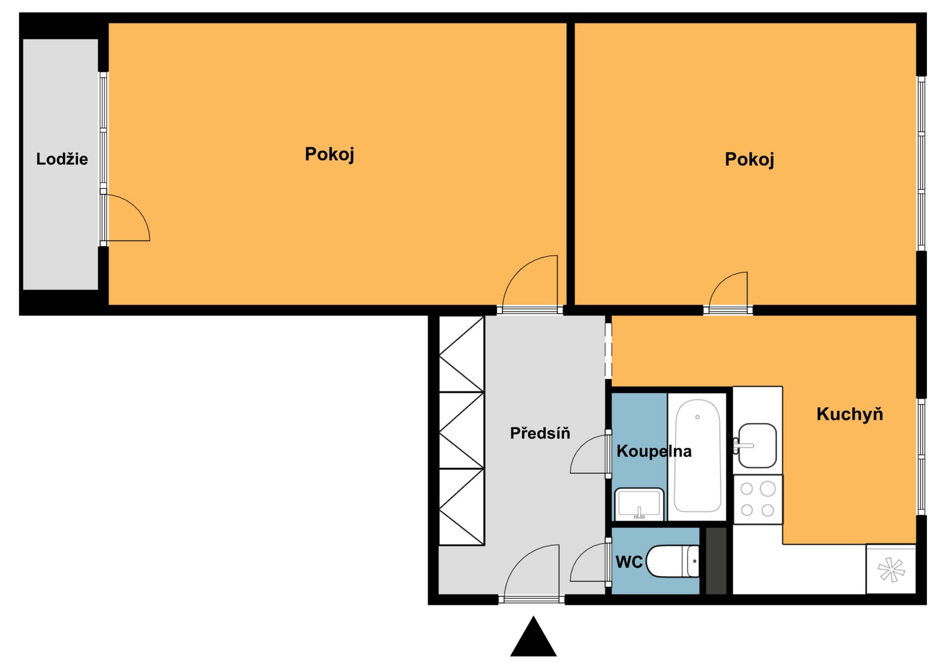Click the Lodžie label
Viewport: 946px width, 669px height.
click(x=62, y=159)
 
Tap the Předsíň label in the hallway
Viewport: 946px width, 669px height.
click(x=540, y=433)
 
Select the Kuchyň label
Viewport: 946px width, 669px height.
click(x=849, y=414)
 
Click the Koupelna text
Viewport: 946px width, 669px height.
click(x=654, y=451)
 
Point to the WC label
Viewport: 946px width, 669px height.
click(x=629, y=562)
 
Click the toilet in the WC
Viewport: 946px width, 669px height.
click(x=672, y=561)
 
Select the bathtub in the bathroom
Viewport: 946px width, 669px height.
click(x=697, y=456)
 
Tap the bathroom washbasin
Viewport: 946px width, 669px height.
click(x=639, y=503)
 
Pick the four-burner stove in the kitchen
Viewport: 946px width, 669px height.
click(x=758, y=500)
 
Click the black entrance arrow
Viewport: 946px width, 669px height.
click(x=533, y=636)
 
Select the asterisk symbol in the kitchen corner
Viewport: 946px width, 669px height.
click(x=891, y=569)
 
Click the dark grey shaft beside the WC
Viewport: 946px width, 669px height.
click(x=716, y=561)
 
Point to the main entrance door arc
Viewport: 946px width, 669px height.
click(x=520, y=562)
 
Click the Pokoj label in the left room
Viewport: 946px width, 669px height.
click(x=329, y=154)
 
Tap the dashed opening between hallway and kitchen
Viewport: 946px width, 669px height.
click(x=608, y=351)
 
